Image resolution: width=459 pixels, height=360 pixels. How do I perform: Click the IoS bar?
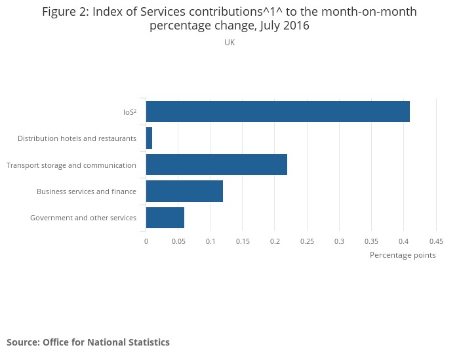coord(277,111)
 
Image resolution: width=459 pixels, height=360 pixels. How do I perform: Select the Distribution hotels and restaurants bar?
coord(149,138)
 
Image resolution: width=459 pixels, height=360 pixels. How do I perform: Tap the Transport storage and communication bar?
coord(216,165)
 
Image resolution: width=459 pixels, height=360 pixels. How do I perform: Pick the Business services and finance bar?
coord(184,191)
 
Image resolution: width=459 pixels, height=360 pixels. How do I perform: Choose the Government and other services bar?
coord(165,218)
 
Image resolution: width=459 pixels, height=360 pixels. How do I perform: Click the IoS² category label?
coord(129,112)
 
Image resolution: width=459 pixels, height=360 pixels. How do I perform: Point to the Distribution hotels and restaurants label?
coord(77,138)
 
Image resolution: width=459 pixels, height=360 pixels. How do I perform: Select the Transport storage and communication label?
coord(71,165)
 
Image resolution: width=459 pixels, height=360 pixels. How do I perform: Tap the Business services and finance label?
coord(87,191)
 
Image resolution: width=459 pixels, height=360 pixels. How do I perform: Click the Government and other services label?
coord(83,218)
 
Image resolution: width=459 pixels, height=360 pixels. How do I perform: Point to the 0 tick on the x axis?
coord(146,241)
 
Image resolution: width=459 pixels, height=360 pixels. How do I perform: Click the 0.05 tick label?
coord(178,241)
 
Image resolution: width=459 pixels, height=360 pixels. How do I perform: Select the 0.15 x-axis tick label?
coord(243,241)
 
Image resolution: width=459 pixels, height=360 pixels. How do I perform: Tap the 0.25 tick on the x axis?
coord(307,241)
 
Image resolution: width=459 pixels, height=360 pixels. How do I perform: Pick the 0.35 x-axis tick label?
coord(371,241)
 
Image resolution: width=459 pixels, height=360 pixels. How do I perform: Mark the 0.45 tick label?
coord(436,241)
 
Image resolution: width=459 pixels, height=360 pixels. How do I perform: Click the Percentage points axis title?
coord(403,255)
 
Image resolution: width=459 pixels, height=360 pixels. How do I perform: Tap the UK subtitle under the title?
coord(229,43)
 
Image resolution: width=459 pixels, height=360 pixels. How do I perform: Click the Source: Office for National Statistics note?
coord(88,342)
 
